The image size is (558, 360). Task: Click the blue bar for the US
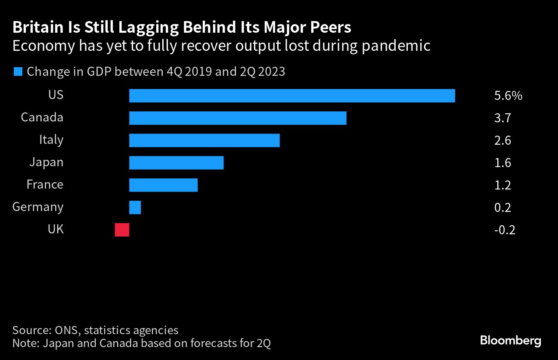(x=292, y=96)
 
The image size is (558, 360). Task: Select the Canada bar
(x=238, y=118)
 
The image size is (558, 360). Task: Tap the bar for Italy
(x=205, y=140)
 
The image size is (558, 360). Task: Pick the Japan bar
(x=176, y=163)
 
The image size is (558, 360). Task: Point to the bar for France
(x=163, y=185)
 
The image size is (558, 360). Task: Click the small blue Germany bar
(x=135, y=208)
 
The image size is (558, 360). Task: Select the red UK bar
(x=122, y=230)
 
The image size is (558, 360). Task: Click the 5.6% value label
(x=508, y=96)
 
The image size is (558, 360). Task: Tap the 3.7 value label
(x=502, y=118)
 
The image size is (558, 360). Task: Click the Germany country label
(x=38, y=207)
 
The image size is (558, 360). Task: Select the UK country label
(x=56, y=230)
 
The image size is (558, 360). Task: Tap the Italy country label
(x=51, y=140)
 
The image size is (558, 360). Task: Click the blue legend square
(x=18, y=71)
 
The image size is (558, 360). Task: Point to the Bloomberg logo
(x=510, y=341)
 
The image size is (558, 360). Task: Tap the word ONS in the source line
(x=66, y=330)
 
